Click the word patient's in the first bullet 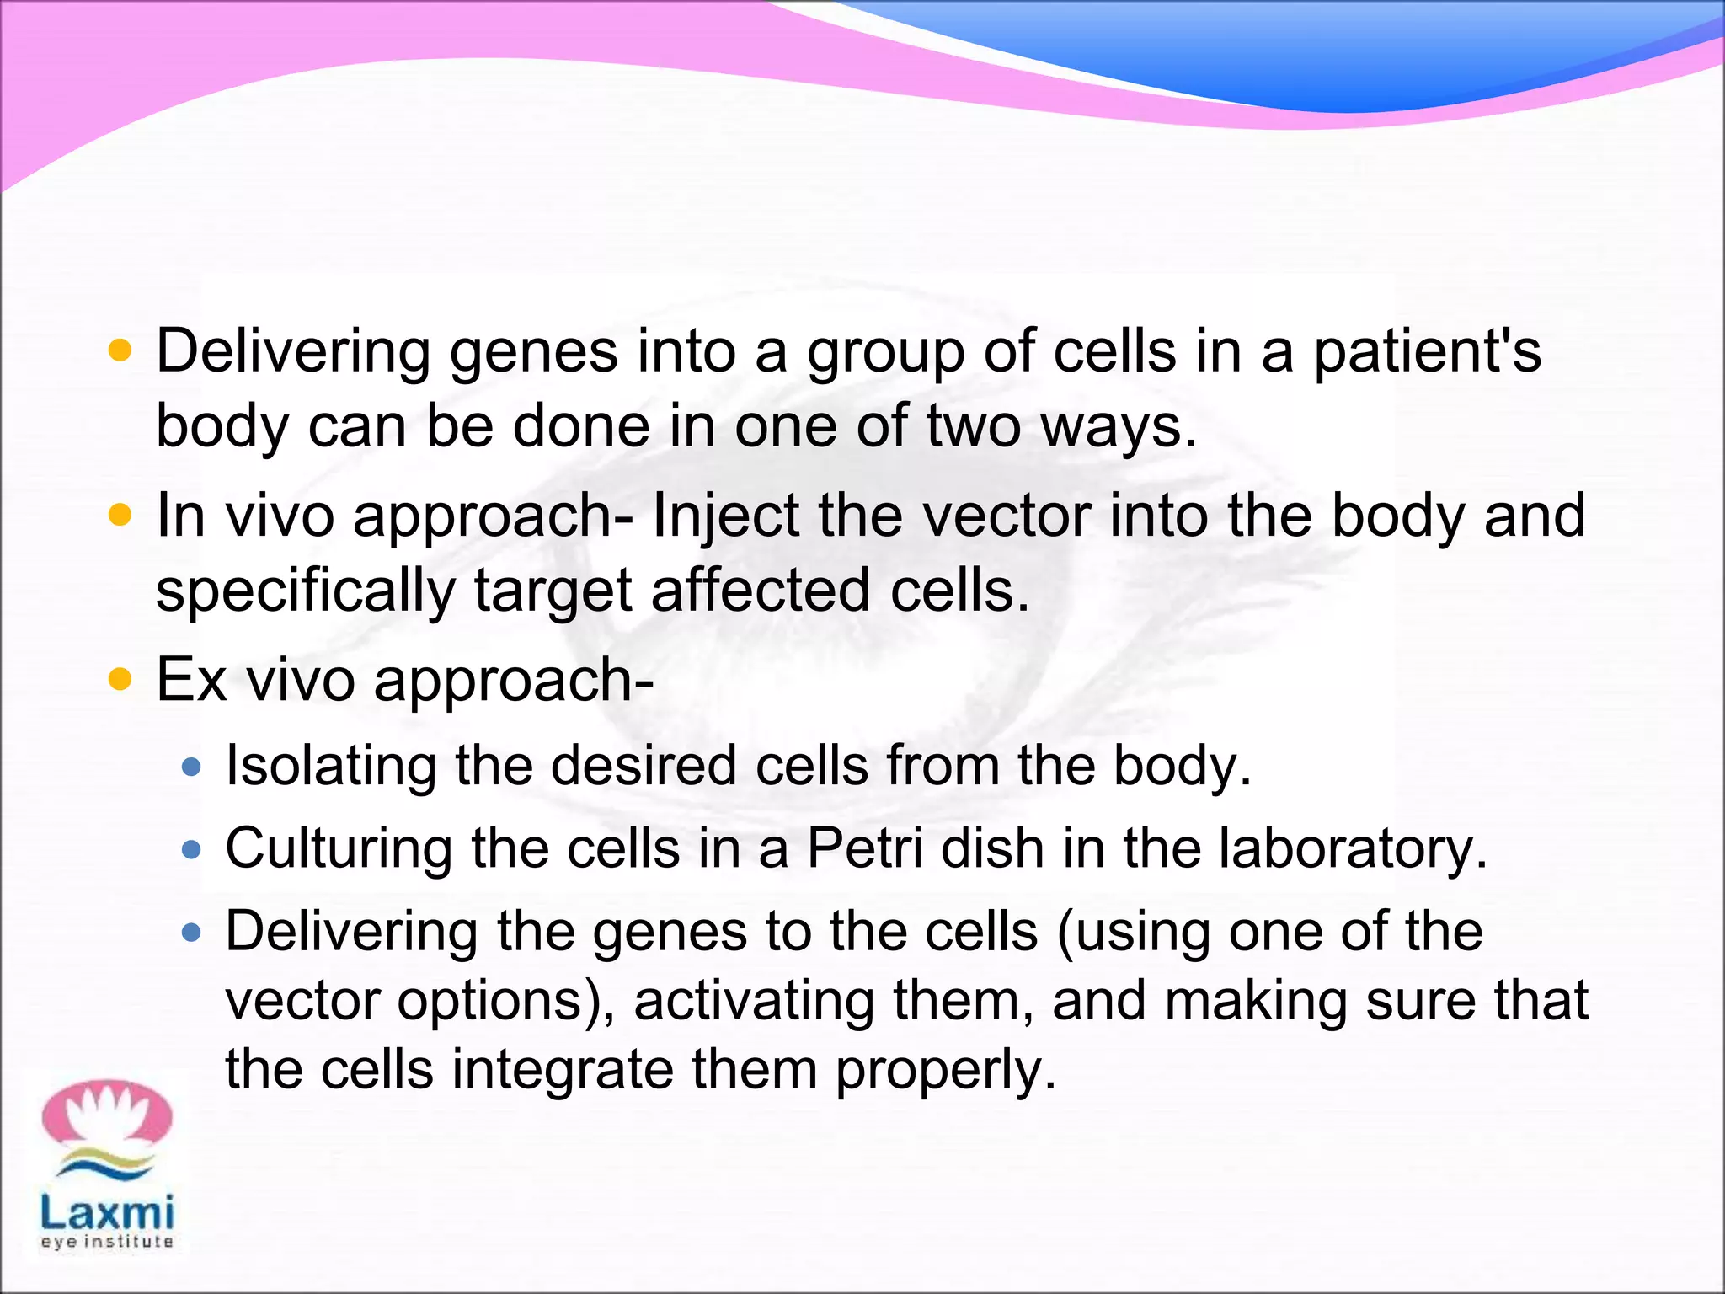[x=1427, y=352]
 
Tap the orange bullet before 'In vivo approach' [x=121, y=514]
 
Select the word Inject [x=725, y=517]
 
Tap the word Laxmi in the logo [x=107, y=1213]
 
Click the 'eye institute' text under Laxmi [x=107, y=1243]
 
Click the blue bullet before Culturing [x=192, y=849]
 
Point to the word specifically [x=305, y=591]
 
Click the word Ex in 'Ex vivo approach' [x=191, y=680]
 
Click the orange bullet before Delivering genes [x=121, y=350]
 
